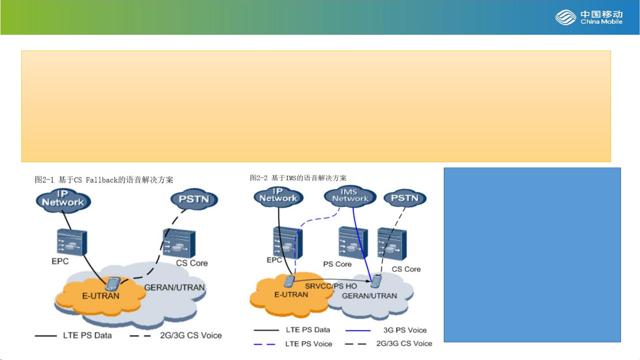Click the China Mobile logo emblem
tap(565, 17)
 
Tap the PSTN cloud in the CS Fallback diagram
tap(194, 199)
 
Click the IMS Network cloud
tap(349, 196)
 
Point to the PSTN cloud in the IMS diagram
tap(405, 198)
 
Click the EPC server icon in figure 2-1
tap(72, 242)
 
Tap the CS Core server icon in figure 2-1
tap(179, 243)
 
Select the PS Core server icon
tap(353, 243)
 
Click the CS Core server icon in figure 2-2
tap(392, 244)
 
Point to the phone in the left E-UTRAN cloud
tap(113, 284)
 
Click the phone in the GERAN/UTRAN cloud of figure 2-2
tap(376, 281)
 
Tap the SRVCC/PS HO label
tap(331, 286)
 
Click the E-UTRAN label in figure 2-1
tap(101, 296)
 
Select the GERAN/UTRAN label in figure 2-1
tap(174, 287)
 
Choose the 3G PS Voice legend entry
tap(405, 330)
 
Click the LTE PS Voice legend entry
tap(309, 344)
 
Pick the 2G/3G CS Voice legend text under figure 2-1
tap(191, 335)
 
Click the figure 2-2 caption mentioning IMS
tap(298, 178)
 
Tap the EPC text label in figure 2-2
tap(274, 260)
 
